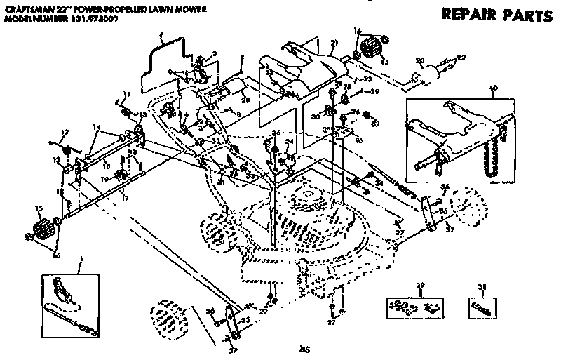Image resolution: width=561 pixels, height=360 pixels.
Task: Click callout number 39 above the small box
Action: click(421, 286)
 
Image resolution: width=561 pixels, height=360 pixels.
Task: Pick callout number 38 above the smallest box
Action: click(481, 286)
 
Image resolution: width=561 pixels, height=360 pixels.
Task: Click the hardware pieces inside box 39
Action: click(414, 307)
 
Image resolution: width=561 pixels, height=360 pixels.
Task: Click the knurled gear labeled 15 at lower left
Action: click(44, 229)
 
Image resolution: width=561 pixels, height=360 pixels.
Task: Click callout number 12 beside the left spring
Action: click(65, 132)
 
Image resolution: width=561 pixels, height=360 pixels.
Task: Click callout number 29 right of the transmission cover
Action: click(374, 92)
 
